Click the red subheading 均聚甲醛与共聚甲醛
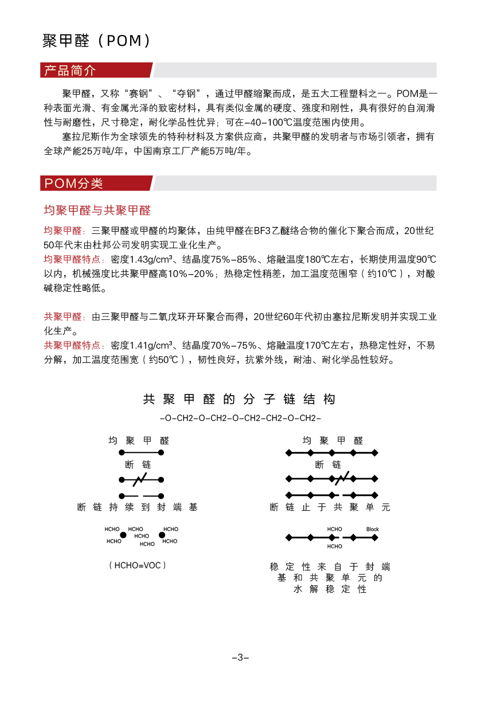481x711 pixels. point(97,210)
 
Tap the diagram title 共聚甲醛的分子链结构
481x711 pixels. point(239,400)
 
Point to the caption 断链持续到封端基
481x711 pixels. point(138,507)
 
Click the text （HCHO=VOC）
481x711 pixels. point(138,565)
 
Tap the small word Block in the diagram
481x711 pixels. point(373,529)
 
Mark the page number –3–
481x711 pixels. point(240,657)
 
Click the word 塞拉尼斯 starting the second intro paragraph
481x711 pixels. point(82,137)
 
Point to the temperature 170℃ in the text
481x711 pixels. point(314,346)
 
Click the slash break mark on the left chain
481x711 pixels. point(142,479)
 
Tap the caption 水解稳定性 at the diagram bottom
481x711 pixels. point(330,589)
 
